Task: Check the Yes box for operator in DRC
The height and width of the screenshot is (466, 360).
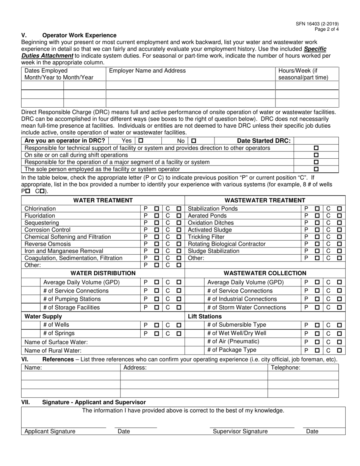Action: (141, 141)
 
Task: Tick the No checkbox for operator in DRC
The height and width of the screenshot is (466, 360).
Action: (194, 141)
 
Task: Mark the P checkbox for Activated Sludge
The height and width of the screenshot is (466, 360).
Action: (317, 230)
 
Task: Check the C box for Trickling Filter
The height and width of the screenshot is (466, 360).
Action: (340, 237)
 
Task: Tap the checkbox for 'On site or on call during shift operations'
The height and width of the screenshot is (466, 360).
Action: (316, 155)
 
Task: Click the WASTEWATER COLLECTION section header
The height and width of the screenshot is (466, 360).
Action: (265, 273)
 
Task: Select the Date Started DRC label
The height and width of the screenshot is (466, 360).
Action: (264, 141)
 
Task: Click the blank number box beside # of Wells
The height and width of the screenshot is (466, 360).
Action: (31, 325)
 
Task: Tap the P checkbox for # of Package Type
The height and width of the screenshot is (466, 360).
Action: (317, 350)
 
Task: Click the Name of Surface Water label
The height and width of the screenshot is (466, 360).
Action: (56, 342)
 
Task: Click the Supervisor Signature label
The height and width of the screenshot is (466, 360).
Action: (240, 431)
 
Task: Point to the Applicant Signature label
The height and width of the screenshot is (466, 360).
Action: (50, 431)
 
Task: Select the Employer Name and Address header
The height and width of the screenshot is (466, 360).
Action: (147, 71)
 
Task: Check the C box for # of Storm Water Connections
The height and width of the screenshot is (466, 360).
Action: (340, 308)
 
